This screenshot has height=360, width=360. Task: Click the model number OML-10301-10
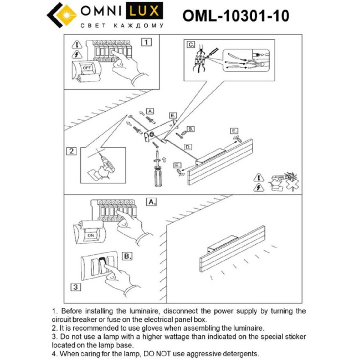235,16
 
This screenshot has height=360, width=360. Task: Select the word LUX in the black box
147,11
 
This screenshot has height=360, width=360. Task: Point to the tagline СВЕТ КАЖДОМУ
122,25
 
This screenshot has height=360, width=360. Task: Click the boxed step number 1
146,42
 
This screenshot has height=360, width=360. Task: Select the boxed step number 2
71,151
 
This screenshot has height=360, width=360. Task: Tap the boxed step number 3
76,286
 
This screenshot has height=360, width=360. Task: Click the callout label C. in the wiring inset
191,44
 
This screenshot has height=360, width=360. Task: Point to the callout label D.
188,147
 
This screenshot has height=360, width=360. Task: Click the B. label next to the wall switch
127,256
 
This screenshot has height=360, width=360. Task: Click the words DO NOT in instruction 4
151,353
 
